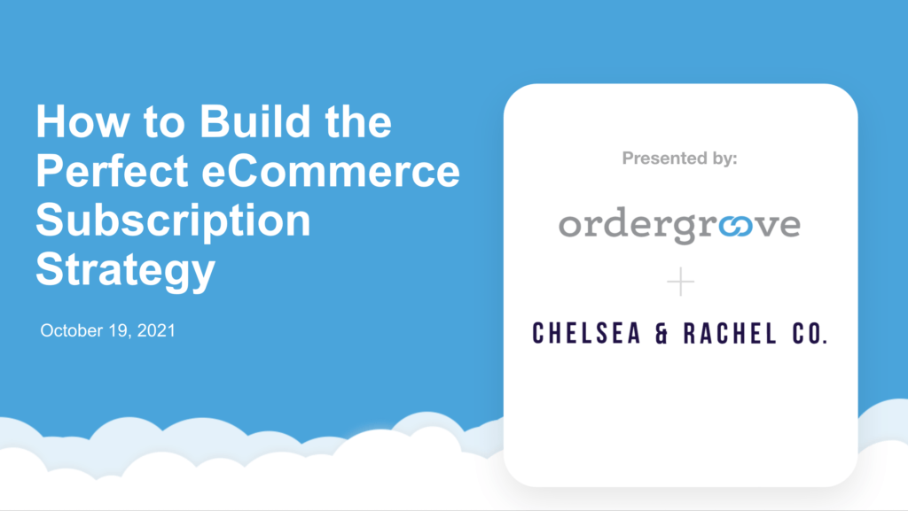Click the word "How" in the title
[x=82, y=121]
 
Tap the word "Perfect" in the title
[x=113, y=171]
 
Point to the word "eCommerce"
[x=331, y=171]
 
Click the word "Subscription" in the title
[x=173, y=221]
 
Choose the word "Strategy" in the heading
[x=126, y=270]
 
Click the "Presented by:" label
[x=680, y=158]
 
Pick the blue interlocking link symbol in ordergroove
[x=736, y=226]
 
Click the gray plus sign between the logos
[x=680, y=282]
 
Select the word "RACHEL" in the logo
[x=731, y=334]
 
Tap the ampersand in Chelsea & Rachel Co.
[x=661, y=334]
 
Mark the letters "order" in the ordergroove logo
[x=612, y=222]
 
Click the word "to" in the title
[x=164, y=122]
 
